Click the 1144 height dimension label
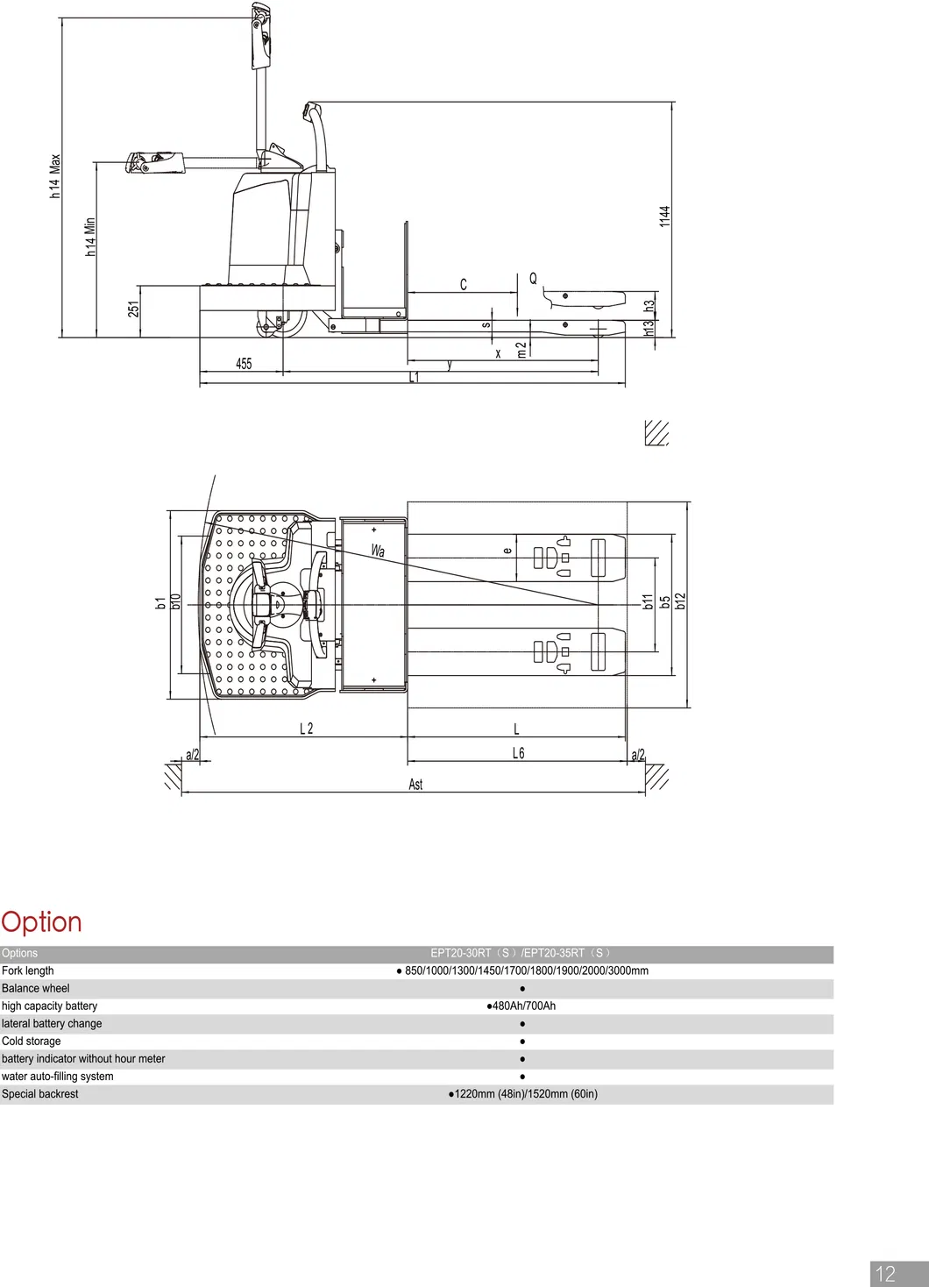[664, 217]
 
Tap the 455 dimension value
[244, 363]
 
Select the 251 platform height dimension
[133, 309]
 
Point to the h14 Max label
[55, 176]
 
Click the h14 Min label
[89, 237]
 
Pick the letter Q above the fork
[533, 279]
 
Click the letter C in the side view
[464, 284]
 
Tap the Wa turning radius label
[378, 551]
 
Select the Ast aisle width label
[415, 784]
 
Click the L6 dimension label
[518, 753]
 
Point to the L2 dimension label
[306, 729]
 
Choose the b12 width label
[681, 601]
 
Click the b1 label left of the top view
[160, 602]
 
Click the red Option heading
[41, 921]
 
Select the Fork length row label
[28, 971]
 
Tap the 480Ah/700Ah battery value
[521, 1006]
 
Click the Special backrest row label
[40, 1093]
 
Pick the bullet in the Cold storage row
[522, 1042]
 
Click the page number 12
[886, 1274]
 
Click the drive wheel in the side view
[280, 323]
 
